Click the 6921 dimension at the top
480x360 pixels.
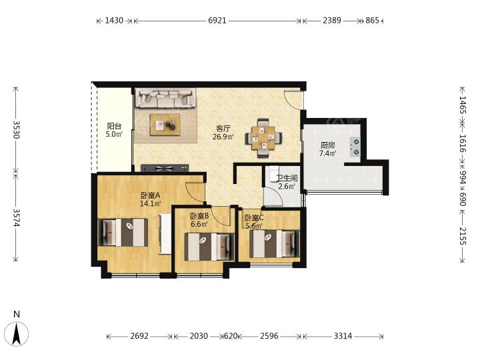pyautogui.click(x=217, y=21)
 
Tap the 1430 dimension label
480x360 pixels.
pyautogui.click(x=114, y=21)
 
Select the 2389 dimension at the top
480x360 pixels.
pyautogui.click(x=332, y=21)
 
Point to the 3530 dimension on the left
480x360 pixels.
pyautogui.click(x=16, y=130)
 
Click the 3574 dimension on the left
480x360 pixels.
pyautogui.click(x=16, y=218)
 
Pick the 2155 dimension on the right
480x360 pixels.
pyautogui.click(x=462, y=236)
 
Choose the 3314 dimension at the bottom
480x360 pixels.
pyautogui.click(x=343, y=336)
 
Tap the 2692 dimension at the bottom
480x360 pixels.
pyautogui.click(x=139, y=336)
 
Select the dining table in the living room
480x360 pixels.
pyautogui.click(x=263, y=138)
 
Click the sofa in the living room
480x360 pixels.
pyautogui.click(x=165, y=98)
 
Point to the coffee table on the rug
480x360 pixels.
pyautogui.click(x=165, y=125)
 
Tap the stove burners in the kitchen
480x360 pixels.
pyautogui.click(x=355, y=147)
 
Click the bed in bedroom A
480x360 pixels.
pyautogui.click(x=123, y=233)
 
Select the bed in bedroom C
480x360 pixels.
pyautogui.click(x=274, y=244)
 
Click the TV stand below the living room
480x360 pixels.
pyautogui.click(x=165, y=168)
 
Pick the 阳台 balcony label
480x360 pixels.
pyautogui.click(x=114, y=126)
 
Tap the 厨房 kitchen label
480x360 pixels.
pyautogui.click(x=327, y=145)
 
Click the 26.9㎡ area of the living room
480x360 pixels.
pyautogui.click(x=223, y=137)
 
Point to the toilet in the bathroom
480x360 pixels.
pyautogui.click(x=273, y=173)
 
